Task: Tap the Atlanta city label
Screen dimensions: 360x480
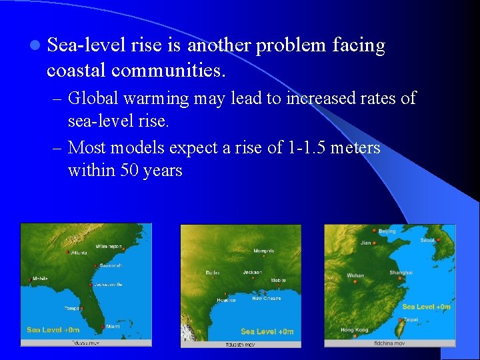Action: (79, 253)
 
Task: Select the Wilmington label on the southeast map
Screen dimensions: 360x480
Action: (109, 246)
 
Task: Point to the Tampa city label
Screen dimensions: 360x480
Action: (73, 308)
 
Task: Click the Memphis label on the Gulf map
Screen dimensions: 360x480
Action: (263, 251)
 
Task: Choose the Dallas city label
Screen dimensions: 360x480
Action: (213, 273)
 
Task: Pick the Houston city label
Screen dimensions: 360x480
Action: (226, 300)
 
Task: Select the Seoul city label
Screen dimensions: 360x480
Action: (427, 240)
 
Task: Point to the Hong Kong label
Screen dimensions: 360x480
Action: (354, 330)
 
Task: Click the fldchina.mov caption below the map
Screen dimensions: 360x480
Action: (390, 343)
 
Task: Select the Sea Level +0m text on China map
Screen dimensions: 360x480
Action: (426, 307)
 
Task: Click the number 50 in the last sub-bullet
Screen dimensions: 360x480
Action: (130, 170)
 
